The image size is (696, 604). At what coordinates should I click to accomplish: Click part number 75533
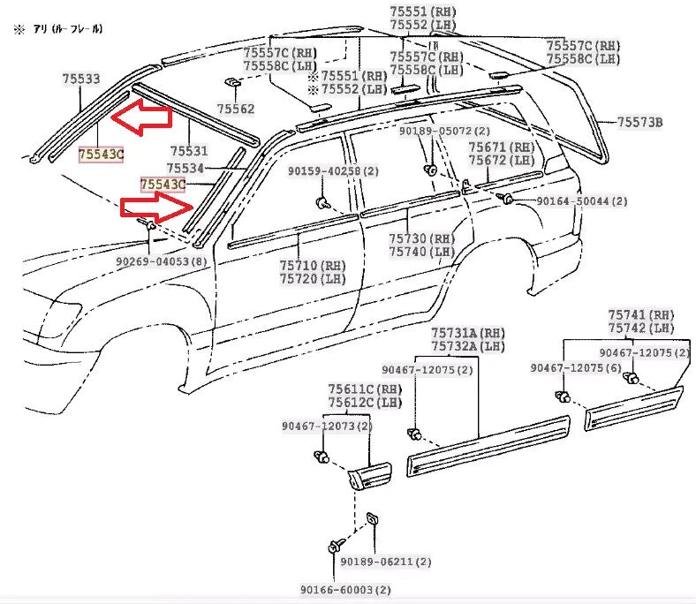point(80,79)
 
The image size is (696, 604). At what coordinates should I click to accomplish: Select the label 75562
point(236,109)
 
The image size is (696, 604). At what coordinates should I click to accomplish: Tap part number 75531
point(187,151)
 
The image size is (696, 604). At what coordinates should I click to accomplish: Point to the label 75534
point(185,168)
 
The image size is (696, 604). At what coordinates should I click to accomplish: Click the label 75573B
point(639,123)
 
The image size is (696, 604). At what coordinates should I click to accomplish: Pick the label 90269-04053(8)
point(161,261)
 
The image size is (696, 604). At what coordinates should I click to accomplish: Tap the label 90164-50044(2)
point(582,201)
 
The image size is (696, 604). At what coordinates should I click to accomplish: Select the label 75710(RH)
point(313,265)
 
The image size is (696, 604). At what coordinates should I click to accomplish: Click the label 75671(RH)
point(501,147)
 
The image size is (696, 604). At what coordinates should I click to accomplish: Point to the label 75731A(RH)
point(468,333)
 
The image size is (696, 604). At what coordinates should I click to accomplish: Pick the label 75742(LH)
point(640,328)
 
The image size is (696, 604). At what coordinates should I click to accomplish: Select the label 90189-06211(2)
point(386,561)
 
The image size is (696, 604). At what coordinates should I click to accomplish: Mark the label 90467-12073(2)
point(327,427)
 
